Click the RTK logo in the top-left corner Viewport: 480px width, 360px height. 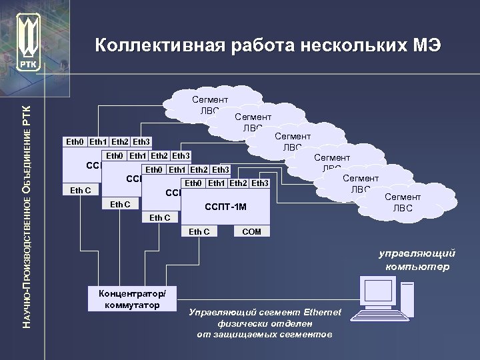[x=29, y=40]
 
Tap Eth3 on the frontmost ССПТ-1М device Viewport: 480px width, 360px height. [x=260, y=183]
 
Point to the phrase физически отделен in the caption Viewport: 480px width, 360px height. [x=265, y=323]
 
